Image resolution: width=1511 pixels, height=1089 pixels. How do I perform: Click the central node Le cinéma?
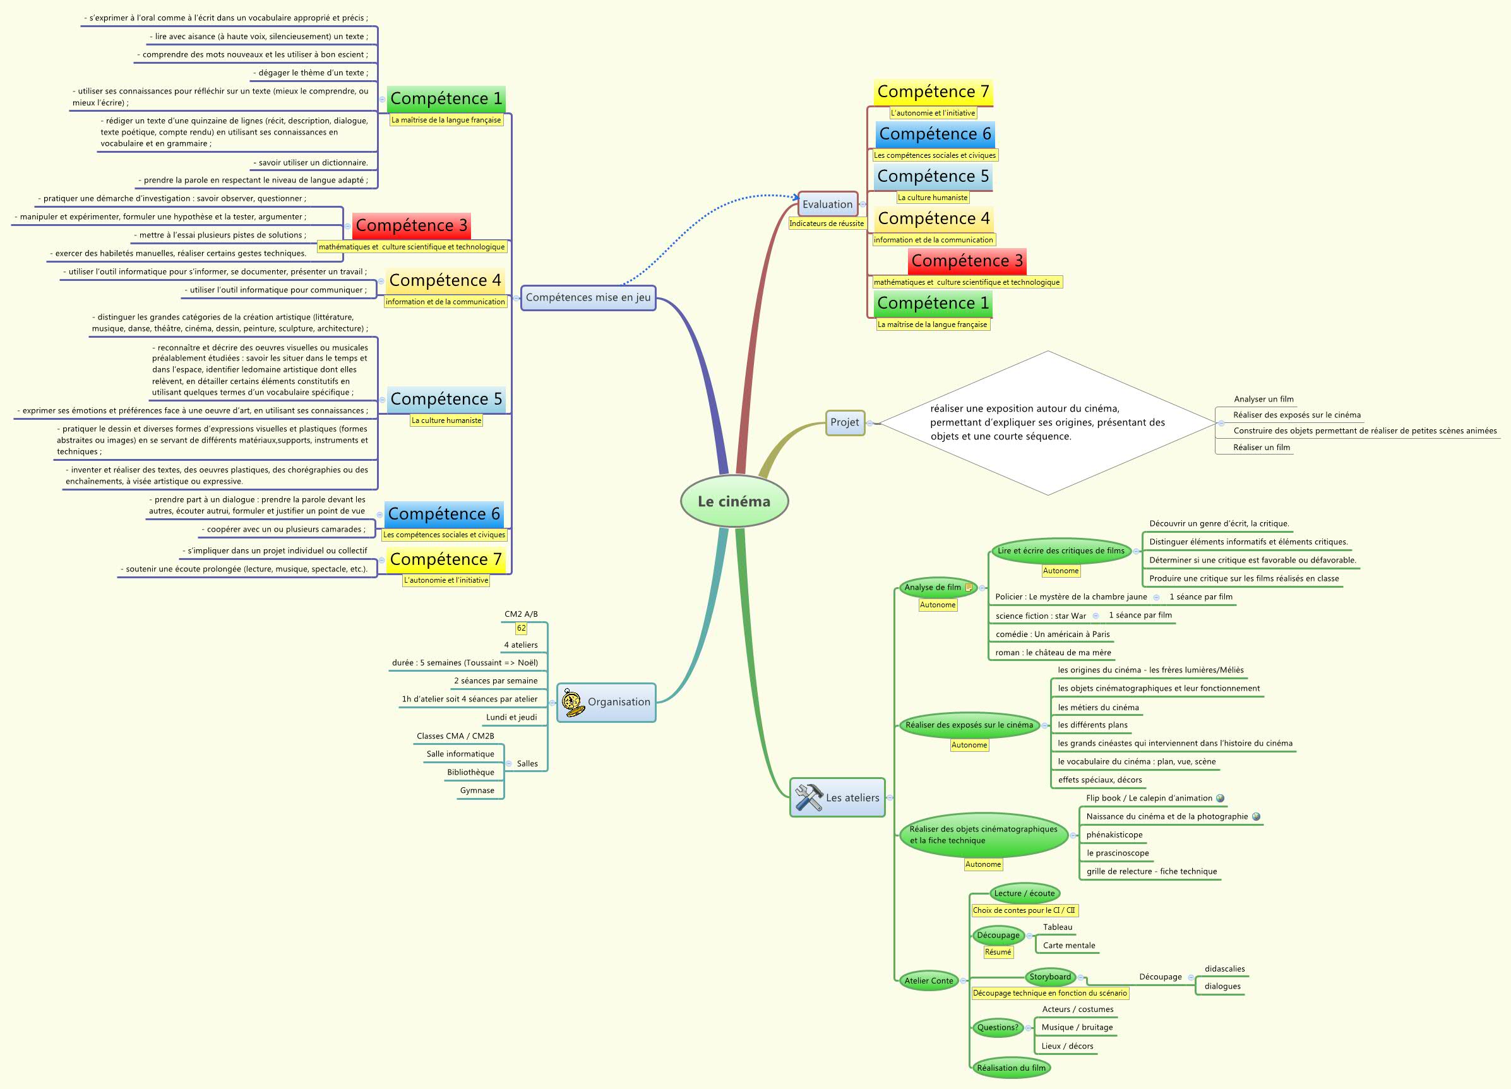pos(734,501)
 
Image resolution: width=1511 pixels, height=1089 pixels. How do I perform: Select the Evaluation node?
pos(827,205)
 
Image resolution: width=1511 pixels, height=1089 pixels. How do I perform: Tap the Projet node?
pos(844,422)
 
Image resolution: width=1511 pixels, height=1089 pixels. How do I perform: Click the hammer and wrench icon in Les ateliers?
pos(809,797)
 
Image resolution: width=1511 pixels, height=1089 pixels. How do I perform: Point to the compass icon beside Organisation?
pos(572,702)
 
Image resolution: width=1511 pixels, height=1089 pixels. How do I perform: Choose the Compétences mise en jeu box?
pos(588,298)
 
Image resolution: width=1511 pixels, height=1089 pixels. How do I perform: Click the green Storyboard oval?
pos(1050,977)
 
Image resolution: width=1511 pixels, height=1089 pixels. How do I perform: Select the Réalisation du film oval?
pos(1011,1068)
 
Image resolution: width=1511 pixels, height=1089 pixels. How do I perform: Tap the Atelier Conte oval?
pos(929,980)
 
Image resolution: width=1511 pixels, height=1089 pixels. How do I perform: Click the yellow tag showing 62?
pos(521,628)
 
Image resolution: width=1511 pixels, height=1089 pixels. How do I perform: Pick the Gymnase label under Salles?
pos(477,790)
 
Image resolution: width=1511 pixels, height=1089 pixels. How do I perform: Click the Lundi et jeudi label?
pos(511,717)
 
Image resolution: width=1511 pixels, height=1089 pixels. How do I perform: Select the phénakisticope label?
pos(1114,835)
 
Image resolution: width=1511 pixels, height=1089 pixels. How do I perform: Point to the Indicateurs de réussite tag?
pos(826,223)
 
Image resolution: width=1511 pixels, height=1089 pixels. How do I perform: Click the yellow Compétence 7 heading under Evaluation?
pos(933,92)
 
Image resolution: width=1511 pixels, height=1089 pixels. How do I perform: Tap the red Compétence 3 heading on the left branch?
pos(411,226)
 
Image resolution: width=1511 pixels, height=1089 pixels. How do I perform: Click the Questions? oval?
pos(998,1027)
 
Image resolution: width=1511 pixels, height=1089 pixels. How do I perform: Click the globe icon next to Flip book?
pos(1220,798)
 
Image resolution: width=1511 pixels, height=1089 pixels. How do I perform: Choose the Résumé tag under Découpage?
pos(998,953)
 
